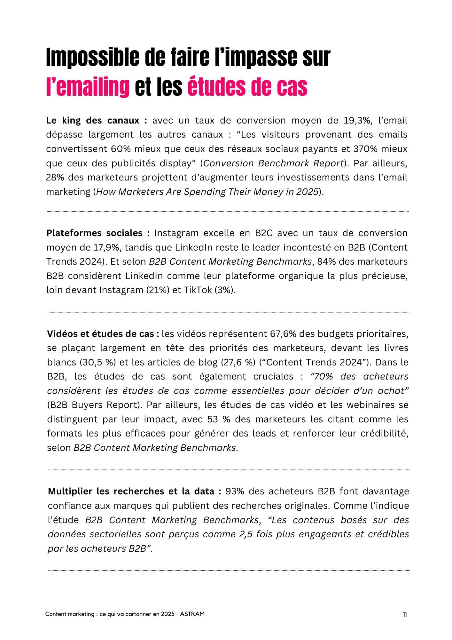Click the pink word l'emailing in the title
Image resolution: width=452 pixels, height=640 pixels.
pos(88,86)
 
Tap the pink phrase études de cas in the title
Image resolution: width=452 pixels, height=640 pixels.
pos(247,86)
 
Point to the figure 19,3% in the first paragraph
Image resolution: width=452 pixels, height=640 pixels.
pos(358,121)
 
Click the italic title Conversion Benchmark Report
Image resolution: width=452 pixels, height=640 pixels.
pos(273,163)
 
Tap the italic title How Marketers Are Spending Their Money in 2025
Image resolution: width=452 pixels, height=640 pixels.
pos(207,192)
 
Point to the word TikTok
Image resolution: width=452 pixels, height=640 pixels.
pos(197,290)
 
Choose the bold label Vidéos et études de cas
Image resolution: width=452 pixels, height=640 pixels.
pos(103,334)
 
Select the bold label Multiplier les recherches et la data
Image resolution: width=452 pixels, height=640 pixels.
pos(135,491)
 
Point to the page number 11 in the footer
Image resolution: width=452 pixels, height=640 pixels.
pos(405,614)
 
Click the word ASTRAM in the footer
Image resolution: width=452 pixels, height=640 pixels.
pos(192,614)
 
